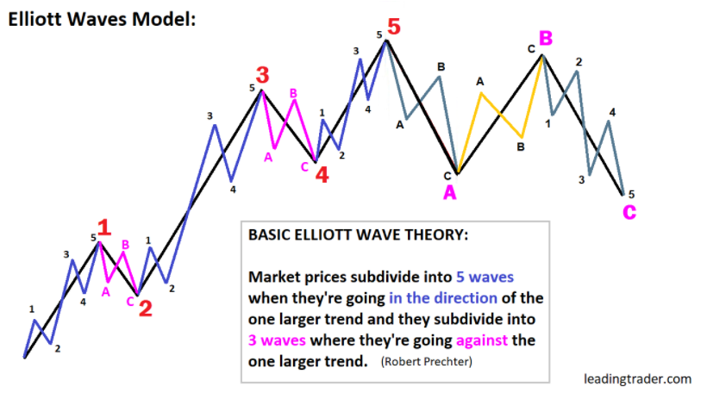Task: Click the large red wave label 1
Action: [104, 228]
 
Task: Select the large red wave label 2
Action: [146, 309]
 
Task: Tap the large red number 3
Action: [262, 75]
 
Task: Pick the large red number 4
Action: [322, 175]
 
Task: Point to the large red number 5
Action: [394, 27]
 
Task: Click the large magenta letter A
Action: [450, 193]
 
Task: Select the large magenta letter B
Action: [546, 38]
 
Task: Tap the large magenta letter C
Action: [629, 212]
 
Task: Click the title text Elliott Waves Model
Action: [102, 20]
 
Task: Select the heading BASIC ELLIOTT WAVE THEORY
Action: [358, 235]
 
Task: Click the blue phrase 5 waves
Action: [485, 277]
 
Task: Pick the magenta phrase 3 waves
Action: [277, 340]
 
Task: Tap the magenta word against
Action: [482, 340]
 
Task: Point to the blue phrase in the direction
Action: [443, 298]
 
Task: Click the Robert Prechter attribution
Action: [427, 362]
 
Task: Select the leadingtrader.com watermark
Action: [637, 379]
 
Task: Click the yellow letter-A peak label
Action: [480, 82]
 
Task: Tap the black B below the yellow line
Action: [521, 147]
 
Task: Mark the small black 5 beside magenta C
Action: [631, 195]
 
